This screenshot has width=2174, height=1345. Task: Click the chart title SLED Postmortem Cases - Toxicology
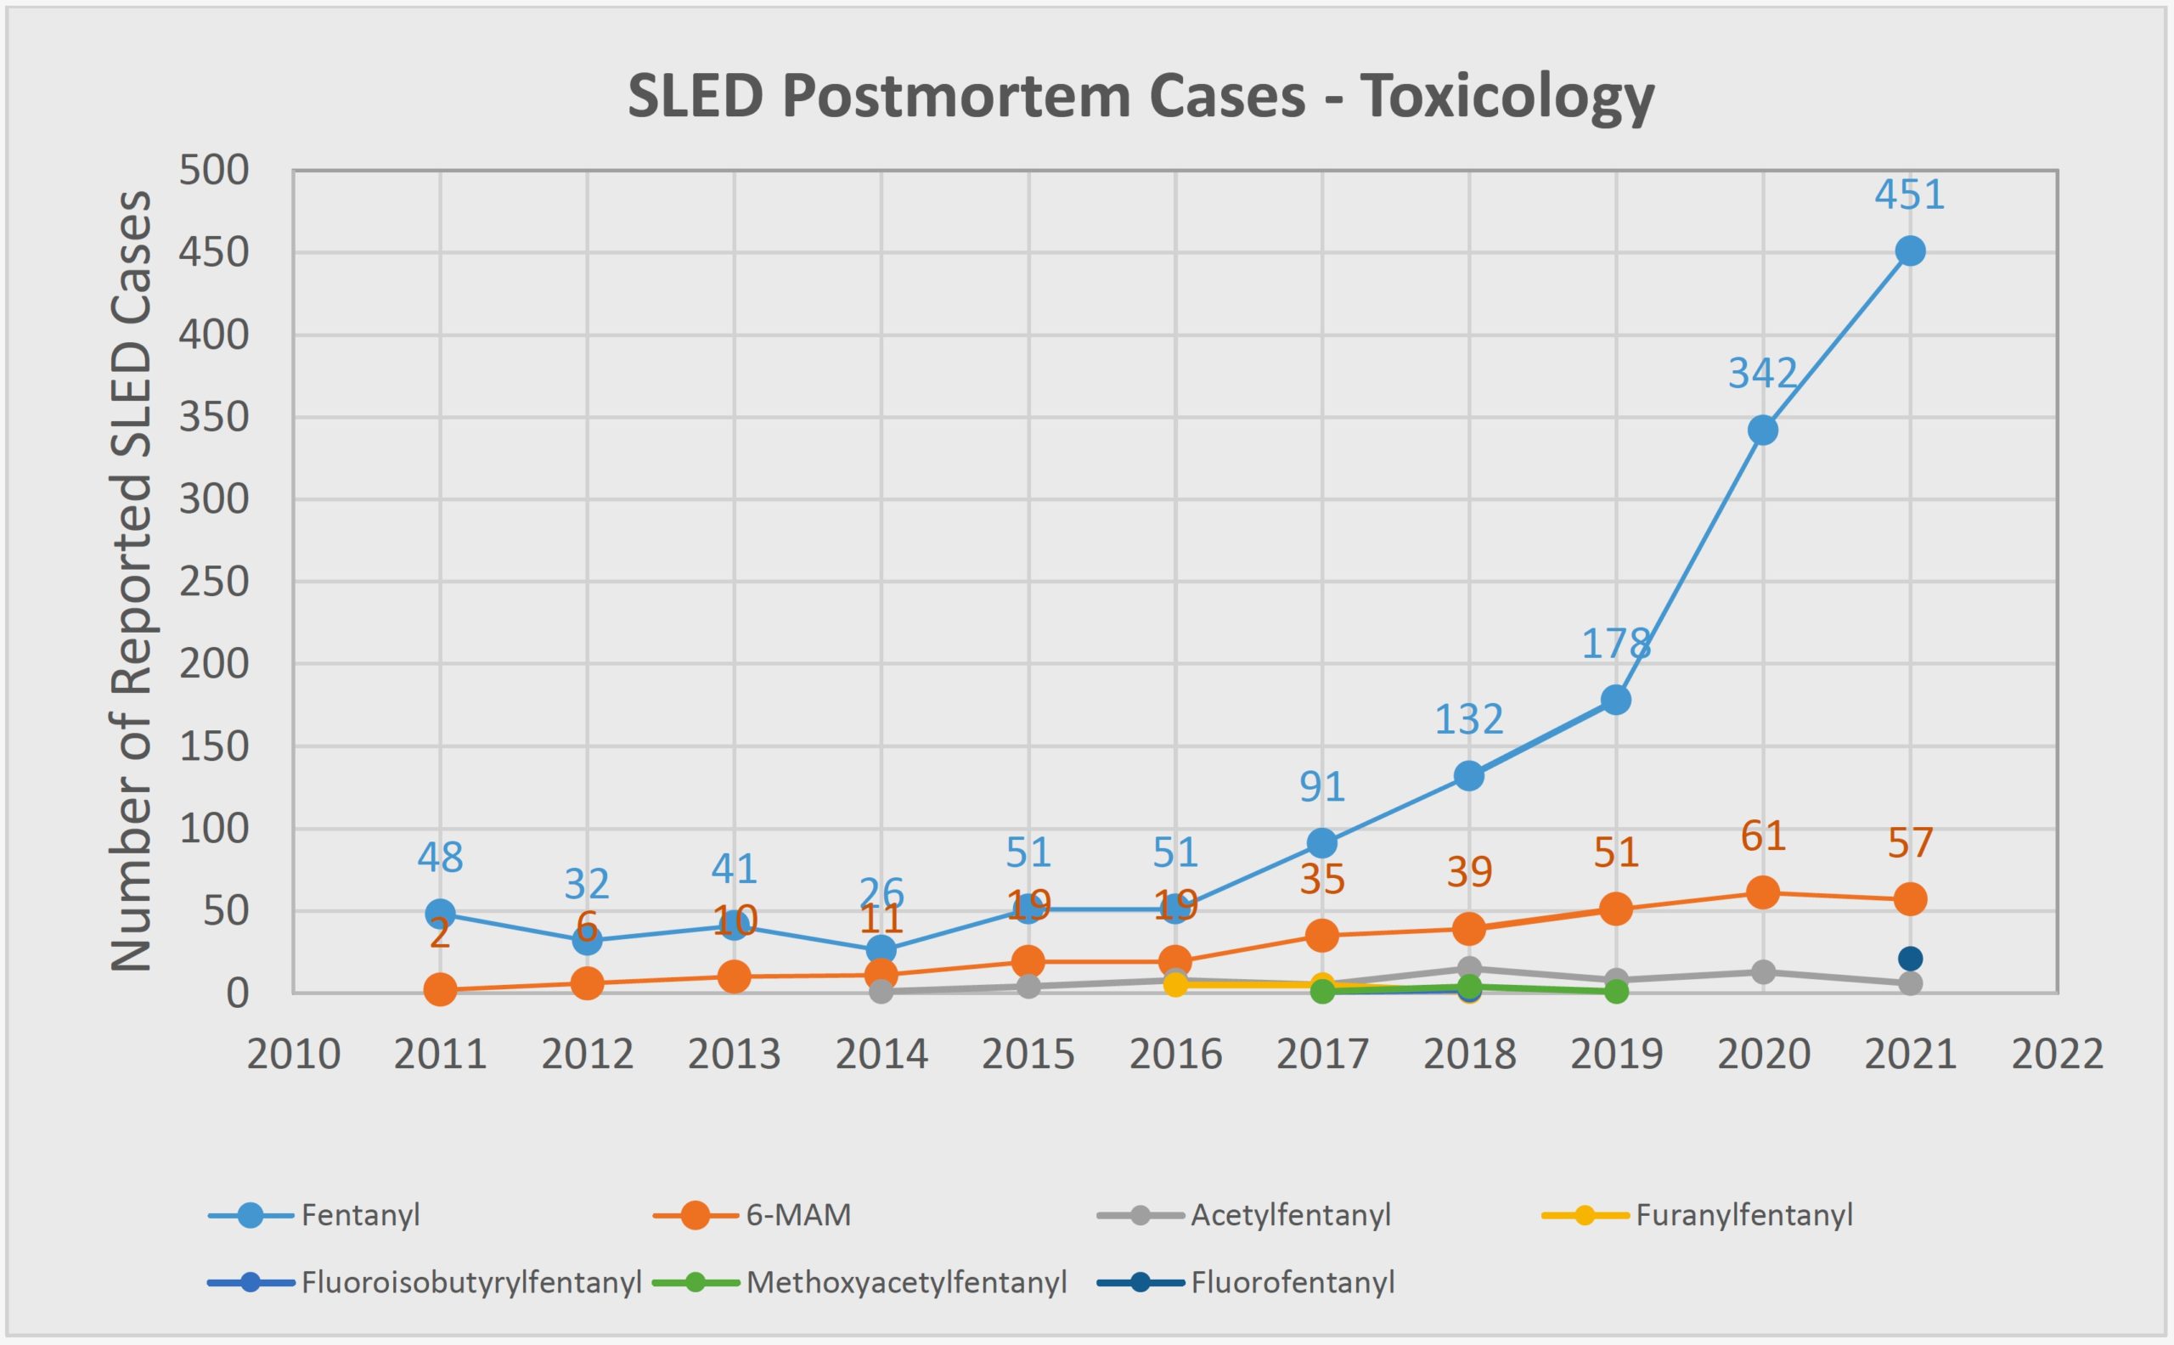1141,95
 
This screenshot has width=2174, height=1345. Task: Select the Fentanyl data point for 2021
1910,250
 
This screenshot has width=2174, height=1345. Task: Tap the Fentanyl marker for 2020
1762,431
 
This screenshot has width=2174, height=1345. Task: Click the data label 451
1909,194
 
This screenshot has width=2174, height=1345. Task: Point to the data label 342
1762,373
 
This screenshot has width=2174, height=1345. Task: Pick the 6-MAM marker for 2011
440,989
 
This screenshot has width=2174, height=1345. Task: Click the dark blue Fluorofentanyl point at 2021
1910,959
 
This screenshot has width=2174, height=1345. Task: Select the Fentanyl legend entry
359,1215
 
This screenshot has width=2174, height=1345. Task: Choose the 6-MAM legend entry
798,1215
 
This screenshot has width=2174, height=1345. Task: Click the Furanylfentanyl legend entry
1743,1215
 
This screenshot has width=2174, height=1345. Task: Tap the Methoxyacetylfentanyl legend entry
905,1283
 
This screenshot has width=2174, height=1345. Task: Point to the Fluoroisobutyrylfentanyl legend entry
471,1283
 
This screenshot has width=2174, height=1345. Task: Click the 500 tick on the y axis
214,170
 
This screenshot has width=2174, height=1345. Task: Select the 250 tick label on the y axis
214,582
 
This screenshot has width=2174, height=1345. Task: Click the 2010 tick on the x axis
294,1055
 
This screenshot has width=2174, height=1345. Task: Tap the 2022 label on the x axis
2057,1055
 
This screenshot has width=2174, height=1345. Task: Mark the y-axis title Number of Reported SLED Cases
132,581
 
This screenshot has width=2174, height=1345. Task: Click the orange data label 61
1762,836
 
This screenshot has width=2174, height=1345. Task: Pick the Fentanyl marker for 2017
1322,842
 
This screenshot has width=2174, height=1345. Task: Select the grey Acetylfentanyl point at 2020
1762,972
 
